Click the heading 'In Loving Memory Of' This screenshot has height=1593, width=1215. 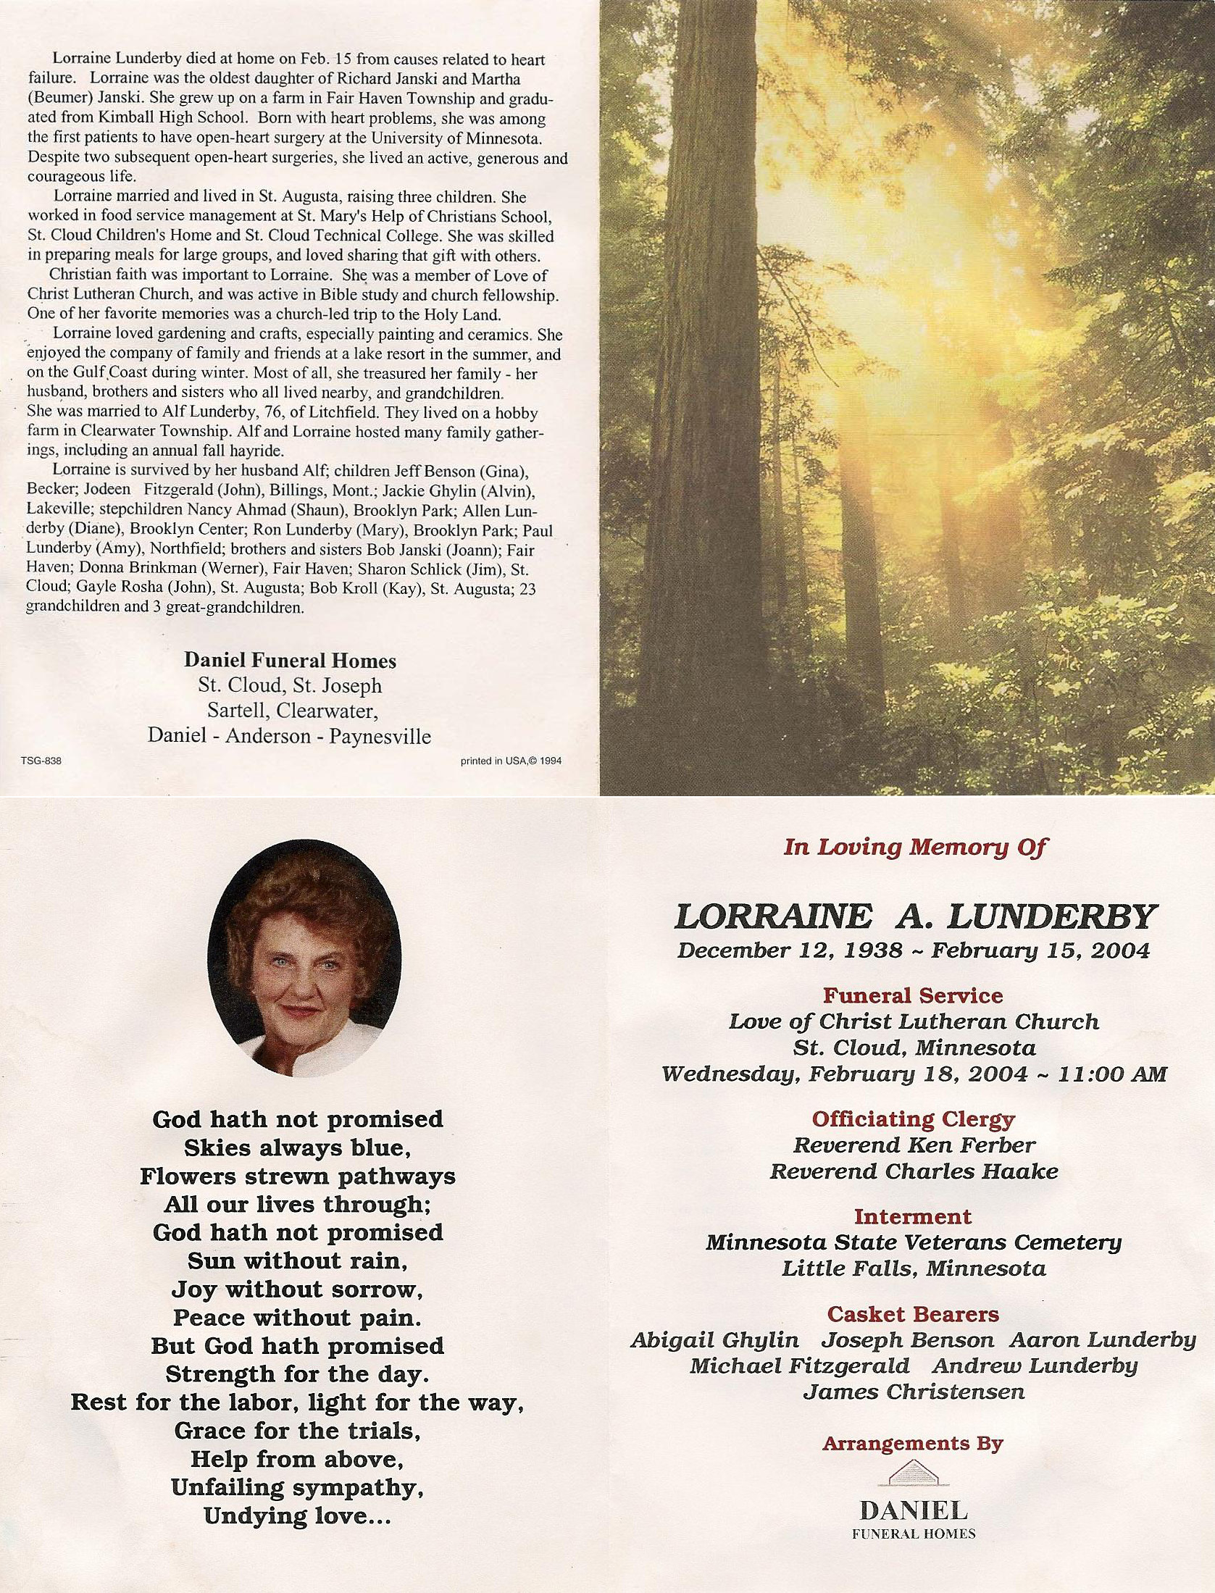(x=914, y=847)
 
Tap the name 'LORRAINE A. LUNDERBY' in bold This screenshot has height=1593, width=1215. (x=914, y=917)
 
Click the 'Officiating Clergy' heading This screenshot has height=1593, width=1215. (x=913, y=1119)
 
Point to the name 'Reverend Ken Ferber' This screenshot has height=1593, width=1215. (x=914, y=1145)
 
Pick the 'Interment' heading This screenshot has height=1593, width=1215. (x=913, y=1216)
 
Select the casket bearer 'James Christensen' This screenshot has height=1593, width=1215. (x=914, y=1392)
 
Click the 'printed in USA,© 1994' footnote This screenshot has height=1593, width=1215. (x=511, y=761)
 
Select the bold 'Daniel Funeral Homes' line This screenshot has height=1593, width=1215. (x=290, y=660)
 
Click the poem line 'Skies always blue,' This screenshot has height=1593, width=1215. (x=298, y=1147)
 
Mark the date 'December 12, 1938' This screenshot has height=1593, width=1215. (x=790, y=950)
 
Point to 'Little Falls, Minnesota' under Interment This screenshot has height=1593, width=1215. (x=914, y=1268)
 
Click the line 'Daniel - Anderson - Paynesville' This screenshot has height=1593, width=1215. (x=289, y=736)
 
